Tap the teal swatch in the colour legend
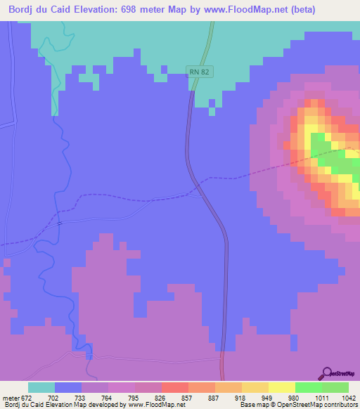click(x=41, y=387)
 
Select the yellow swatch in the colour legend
click(x=282, y=387)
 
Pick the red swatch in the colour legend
click(x=174, y=387)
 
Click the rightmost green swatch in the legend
click(x=335, y=387)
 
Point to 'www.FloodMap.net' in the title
click(x=232, y=9)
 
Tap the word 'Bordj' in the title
click(x=23, y=9)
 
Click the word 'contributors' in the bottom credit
click(x=340, y=405)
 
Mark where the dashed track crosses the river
click(x=60, y=222)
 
